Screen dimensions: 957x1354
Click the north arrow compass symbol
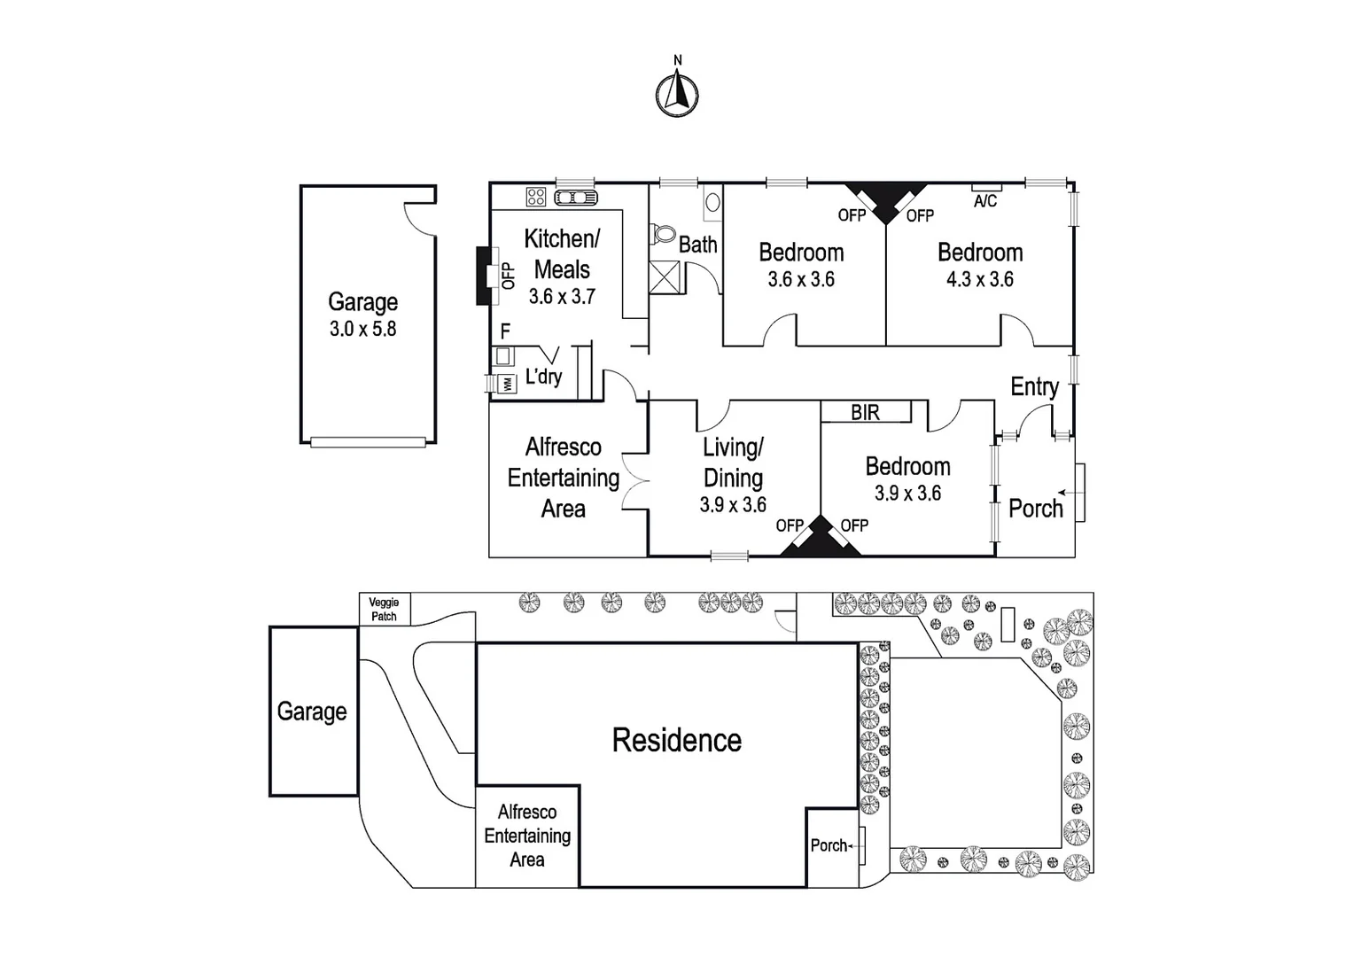tap(677, 92)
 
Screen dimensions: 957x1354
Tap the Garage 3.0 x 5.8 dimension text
tap(362, 329)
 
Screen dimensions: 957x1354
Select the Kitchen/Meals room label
tap(562, 253)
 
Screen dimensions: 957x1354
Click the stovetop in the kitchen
tap(535, 197)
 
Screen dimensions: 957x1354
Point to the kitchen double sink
tap(576, 197)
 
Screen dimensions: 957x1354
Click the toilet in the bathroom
tap(662, 235)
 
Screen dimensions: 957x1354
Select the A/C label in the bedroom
tap(985, 201)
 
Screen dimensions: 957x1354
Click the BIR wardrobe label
tap(865, 412)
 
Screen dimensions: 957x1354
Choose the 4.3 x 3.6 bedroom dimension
tap(979, 279)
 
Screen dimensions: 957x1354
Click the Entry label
tap(1034, 386)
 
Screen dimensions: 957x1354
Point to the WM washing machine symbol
tap(508, 385)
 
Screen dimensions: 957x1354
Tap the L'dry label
tap(543, 377)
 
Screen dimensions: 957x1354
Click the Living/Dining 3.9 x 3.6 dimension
tap(733, 505)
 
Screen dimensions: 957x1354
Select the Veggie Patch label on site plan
tap(384, 610)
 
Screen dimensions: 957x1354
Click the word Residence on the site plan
tap(676, 740)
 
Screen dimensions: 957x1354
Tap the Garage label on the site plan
tap(311, 712)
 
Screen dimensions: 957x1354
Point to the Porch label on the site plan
tap(829, 845)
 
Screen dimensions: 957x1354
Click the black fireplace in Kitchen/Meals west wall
tap(484, 276)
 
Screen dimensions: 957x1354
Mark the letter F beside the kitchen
tap(505, 331)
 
